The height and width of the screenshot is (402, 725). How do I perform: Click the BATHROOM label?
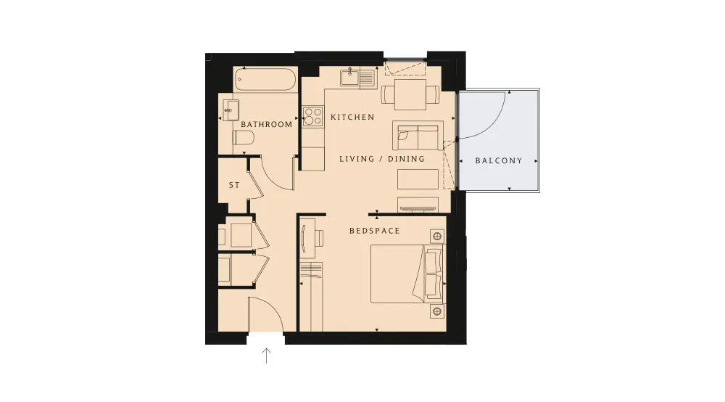click(x=266, y=124)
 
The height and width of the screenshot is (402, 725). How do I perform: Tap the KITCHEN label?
click(x=352, y=117)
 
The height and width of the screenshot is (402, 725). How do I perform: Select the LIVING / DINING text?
click(x=382, y=159)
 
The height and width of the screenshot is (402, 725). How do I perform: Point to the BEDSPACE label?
click(x=375, y=230)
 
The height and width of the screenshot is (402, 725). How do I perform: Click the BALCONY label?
click(x=499, y=160)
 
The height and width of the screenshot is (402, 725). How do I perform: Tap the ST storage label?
click(x=234, y=185)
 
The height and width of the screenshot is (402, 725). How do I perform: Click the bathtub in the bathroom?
click(x=265, y=80)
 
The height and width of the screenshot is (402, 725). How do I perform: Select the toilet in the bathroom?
click(x=244, y=137)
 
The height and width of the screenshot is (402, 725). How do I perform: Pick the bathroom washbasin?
click(x=231, y=110)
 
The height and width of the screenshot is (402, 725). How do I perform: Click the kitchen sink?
click(x=357, y=77)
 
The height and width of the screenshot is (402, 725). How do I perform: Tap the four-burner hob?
click(x=312, y=116)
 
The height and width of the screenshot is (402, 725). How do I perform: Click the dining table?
click(x=410, y=94)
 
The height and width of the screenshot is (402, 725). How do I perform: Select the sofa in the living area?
click(x=418, y=136)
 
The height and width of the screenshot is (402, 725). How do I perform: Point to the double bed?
click(x=406, y=274)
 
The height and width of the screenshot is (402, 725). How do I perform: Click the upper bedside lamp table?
click(x=437, y=237)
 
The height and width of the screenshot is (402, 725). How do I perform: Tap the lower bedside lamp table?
click(x=437, y=311)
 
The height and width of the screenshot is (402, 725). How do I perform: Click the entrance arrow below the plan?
click(x=266, y=356)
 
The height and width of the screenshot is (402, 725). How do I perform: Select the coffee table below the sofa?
click(x=418, y=179)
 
